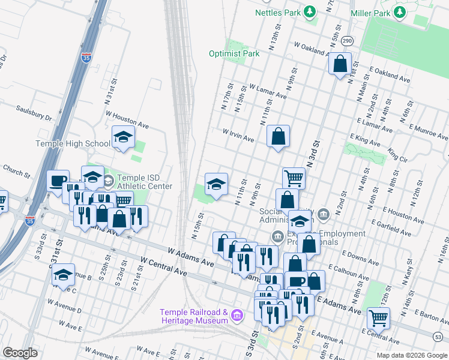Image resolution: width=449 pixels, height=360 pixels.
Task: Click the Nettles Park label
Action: tap(277, 12)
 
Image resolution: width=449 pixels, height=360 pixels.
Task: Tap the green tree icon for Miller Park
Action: tap(399, 12)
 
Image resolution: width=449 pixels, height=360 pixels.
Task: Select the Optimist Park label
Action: tap(234, 53)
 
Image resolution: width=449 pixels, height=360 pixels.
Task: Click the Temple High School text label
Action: tap(73, 143)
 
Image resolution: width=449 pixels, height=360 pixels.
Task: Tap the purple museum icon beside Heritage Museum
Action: tap(237, 314)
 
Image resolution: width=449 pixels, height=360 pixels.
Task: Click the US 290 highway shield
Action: tap(348, 41)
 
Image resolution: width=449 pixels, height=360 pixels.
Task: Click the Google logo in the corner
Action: tap(20, 353)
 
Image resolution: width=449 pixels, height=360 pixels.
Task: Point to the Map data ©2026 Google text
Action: tap(411, 355)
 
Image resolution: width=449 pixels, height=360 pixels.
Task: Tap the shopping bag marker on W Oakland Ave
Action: tap(340, 63)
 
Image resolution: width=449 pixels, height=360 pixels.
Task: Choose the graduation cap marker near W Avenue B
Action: tap(63, 274)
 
